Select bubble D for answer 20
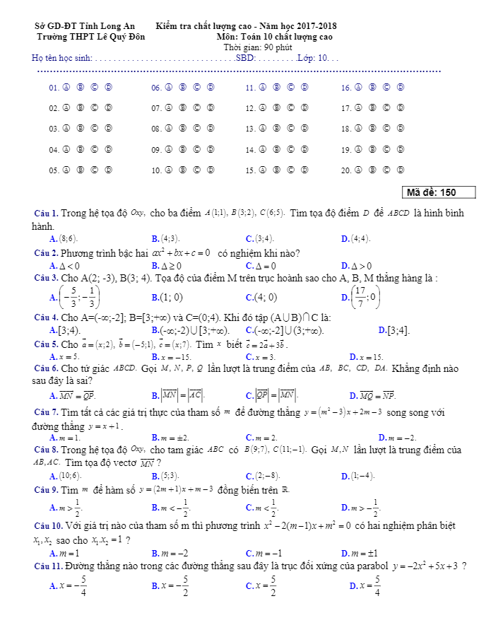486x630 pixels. [401, 170]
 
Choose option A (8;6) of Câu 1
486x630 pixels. [65, 239]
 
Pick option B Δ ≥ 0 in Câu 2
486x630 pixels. [166, 266]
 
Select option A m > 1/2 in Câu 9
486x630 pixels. [65, 508]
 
